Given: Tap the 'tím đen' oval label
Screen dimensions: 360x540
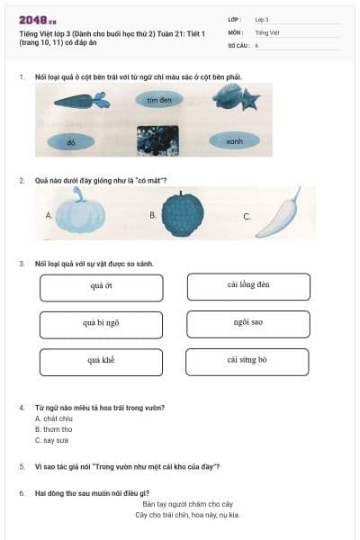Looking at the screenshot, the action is pyautogui.click(x=158, y=100).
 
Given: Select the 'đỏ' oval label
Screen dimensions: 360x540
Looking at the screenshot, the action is pyautogui.click(x=70, y=141).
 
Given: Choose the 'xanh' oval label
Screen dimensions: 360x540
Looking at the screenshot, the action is pyautogui.click(x=234, y=140).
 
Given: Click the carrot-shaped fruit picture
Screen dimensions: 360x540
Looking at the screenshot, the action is pyautogui.click(x=81, y=101).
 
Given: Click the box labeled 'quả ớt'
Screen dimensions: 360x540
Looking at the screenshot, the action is pyautogui.click(x=102, y=287).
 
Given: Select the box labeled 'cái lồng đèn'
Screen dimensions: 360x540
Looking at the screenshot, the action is pyautogui.click(x=248, y=286).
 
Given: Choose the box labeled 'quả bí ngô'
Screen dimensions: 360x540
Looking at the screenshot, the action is pyautogui.click(x=102, y=324).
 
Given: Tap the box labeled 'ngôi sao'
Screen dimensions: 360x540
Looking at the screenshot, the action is pyautogui.click(x=247, y=323).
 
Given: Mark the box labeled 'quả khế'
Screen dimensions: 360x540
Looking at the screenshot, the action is pyautogui.click(x=102, y=362).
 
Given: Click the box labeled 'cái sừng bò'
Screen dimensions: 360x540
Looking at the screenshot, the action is pyautogui.click(x=247, y=362).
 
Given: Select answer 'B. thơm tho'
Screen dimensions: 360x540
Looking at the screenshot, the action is pyautogui.click(x=53, y=429).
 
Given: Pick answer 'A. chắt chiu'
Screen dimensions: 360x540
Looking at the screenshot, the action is pyautogui.click(x=53, y=418).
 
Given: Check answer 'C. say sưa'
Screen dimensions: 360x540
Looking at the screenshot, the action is pyautogui.click(x=51, y=440).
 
